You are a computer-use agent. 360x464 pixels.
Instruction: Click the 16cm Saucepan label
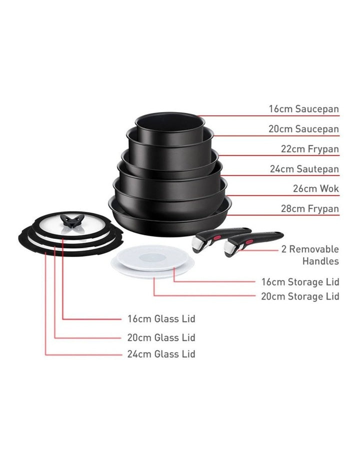(303, 109)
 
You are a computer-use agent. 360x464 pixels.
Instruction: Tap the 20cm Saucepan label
(303, 129)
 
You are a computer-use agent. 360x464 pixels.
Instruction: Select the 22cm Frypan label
(308, 149)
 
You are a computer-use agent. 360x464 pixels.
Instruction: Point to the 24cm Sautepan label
(304, 169)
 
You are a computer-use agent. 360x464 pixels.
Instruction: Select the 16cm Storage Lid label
(300, 282)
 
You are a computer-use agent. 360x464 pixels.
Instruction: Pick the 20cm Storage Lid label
(300, 296)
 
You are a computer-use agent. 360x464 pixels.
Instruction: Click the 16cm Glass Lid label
(160, 318)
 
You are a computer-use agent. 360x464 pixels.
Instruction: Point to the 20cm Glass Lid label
(160, 337)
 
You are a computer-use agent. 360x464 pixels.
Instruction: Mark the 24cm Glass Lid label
(160, 354)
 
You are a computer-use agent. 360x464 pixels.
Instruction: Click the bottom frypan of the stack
(170, 220)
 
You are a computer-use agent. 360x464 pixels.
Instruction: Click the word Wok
(329, 189)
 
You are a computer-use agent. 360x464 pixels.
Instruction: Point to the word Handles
(320, 261)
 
